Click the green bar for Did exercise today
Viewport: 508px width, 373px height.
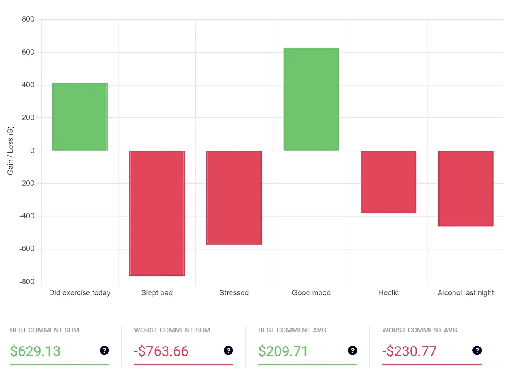(x=80, y=117)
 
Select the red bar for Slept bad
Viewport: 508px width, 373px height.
(x=157, y=213)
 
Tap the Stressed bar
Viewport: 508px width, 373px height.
(x=234, y=198)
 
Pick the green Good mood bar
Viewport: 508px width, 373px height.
(x=311, y=99)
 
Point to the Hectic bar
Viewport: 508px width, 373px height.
(x=388, y=182)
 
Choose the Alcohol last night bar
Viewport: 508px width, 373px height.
(x=465, y=188)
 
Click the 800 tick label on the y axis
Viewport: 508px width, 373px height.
(x=29, y=19)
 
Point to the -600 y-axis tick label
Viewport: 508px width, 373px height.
(x=27, y=249)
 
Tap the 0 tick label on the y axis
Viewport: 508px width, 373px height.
(x=32, y=151)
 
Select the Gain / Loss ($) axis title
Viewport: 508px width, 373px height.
(x=11, y=151)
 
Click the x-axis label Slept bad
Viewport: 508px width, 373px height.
(x=157, y=293)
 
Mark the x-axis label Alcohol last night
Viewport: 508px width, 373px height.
(x=465, y=293)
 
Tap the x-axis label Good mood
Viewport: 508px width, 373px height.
(x=311, y=293)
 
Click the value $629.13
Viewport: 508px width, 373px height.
(x=35, y=351)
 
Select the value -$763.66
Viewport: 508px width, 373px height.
(x=161, y=351)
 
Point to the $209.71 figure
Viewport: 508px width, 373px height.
(x=283, y=351)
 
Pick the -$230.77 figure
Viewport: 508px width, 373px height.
(x=409, y=351)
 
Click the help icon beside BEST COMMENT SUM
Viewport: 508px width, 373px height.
(x=104, y=351)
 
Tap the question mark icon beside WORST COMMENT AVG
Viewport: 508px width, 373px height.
(x=477, y=351)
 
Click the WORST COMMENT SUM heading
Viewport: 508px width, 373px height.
(x=172, y=330)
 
